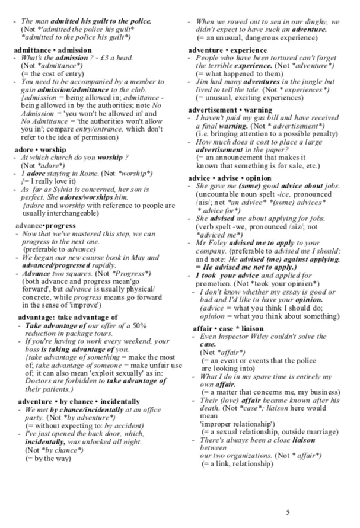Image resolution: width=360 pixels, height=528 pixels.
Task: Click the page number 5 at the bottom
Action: coord(288,512)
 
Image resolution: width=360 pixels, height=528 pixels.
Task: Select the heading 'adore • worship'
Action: coord(41,149)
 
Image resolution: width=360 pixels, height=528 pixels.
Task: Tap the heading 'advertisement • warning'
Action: coord(230,110)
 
